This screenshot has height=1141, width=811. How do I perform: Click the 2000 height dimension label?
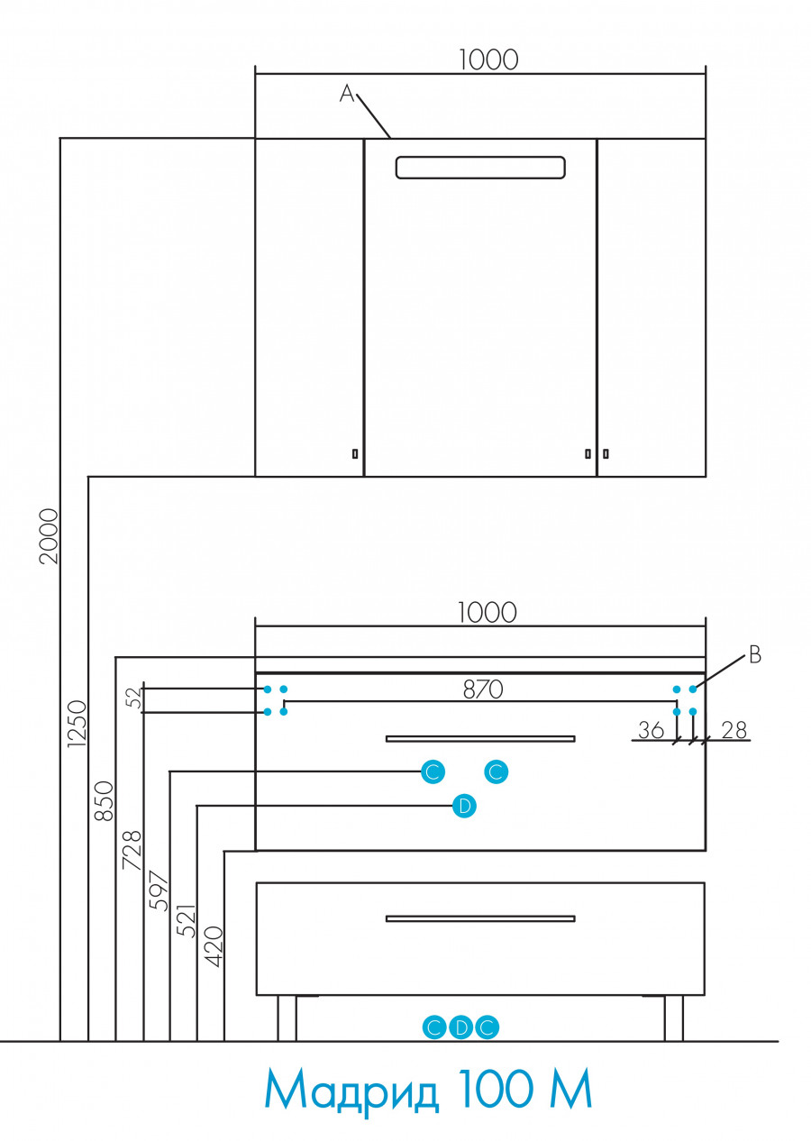[49, 536]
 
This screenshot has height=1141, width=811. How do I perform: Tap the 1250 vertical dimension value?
[77, 724]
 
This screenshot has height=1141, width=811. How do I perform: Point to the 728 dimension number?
[132, 850]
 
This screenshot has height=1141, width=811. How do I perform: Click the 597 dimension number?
[159, 891]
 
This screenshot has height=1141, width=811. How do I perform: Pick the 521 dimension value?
[187, 919]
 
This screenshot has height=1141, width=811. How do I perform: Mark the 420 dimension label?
[214, 946]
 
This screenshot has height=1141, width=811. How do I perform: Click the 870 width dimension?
[482, 689]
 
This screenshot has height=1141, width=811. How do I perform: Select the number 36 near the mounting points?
[651, 730]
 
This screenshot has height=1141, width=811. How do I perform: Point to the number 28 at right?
[734, 730]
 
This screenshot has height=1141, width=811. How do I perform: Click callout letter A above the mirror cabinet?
[348, 93]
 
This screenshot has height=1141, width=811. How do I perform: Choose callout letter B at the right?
[755, 655]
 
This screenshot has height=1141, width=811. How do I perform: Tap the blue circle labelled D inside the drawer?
[464, 806]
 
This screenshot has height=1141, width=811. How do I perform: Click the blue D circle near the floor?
[460, 1027]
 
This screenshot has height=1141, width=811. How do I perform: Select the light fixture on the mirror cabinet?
[480, 168]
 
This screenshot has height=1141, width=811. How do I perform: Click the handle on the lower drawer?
[480, 918]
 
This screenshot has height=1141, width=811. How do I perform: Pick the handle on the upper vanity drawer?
[480, 738]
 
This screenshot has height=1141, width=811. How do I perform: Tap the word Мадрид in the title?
[352, 1091]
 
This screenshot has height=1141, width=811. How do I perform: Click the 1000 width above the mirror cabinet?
[488, 59]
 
